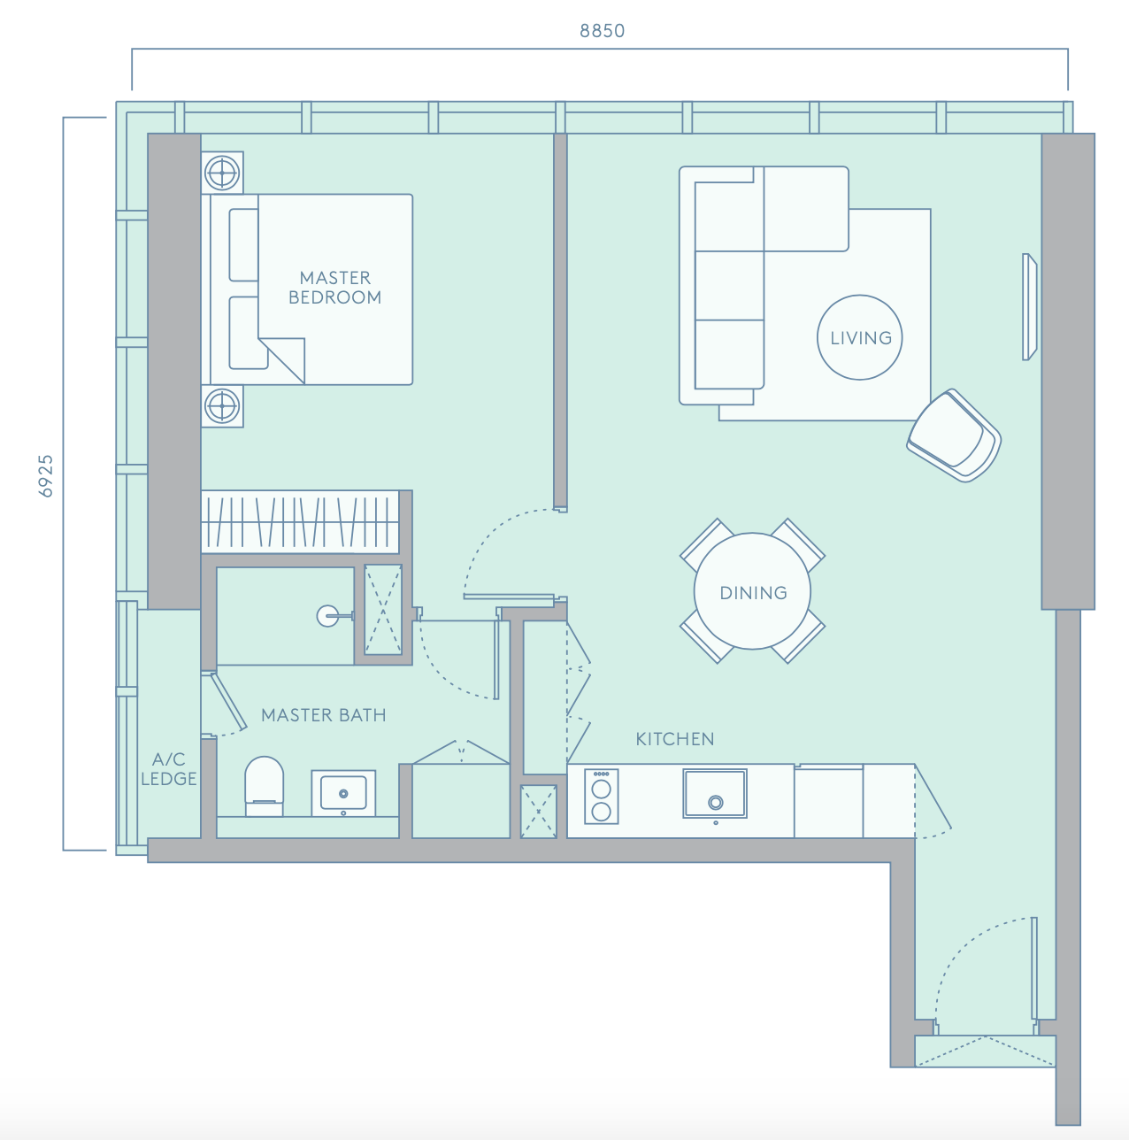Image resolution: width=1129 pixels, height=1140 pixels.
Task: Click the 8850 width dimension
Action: [602, 31]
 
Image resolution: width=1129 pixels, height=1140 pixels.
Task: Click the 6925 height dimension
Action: [45, 476]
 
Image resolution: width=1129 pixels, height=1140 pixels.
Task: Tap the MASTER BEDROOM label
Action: [334, 288]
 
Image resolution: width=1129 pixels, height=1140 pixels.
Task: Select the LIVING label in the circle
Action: [861, 338]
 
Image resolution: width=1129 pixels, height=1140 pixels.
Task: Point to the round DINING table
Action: [752, 591]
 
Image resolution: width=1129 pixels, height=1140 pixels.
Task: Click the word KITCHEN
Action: [675, 739]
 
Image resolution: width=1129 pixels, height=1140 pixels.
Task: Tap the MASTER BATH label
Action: [324, 715]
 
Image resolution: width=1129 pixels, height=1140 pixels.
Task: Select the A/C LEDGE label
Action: [168, 769]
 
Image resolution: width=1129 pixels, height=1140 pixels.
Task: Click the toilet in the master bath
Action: [264, 786]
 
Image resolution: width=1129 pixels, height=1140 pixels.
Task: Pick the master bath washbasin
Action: [343, 793]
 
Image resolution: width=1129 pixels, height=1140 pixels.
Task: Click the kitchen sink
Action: [715, 794]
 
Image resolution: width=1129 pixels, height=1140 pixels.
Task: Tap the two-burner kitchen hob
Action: [601, 797]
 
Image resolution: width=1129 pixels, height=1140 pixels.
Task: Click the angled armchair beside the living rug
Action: [954, 435]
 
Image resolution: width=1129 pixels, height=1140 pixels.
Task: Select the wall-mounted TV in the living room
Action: [1030, 307]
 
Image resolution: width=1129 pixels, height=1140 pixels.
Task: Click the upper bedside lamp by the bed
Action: [222, 173]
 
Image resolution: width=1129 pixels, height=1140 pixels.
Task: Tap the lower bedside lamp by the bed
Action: [222, 406]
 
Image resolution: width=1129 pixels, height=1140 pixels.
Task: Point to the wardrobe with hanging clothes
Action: [300, 522]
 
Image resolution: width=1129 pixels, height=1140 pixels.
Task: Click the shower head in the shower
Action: [329, 616]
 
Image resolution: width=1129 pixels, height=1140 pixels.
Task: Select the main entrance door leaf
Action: [1034, 967]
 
